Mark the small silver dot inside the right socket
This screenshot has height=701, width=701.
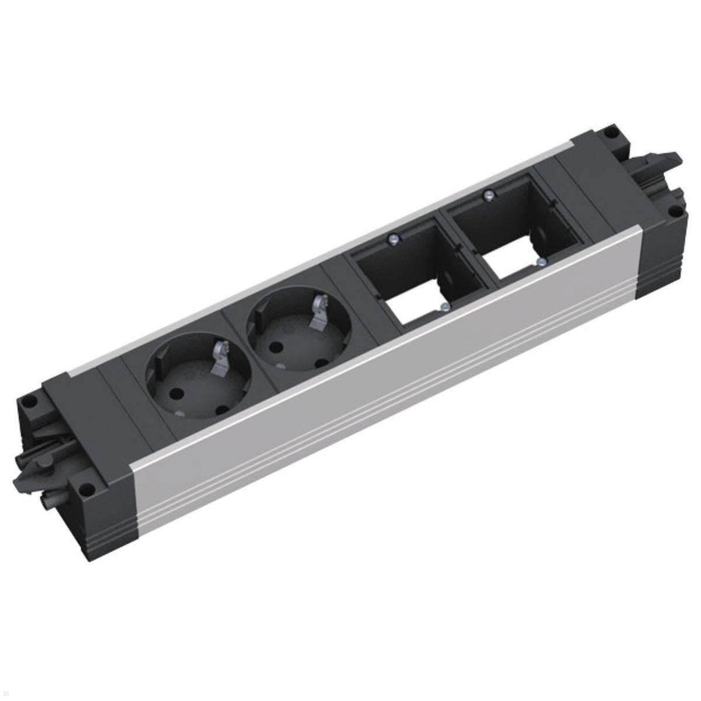[281, 366]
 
